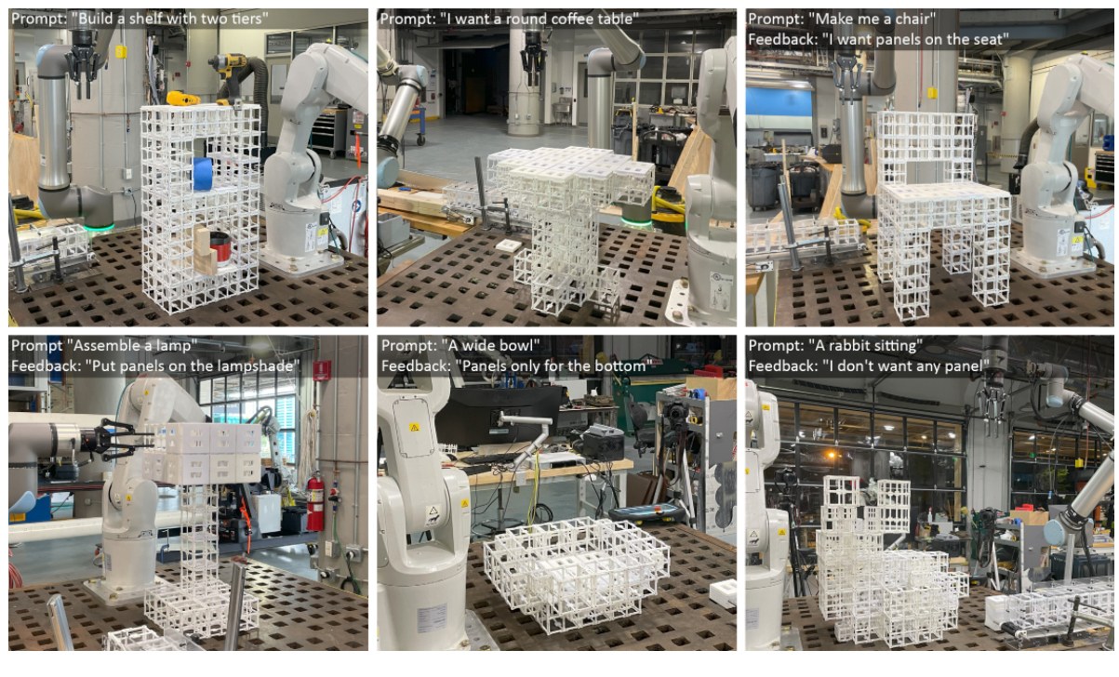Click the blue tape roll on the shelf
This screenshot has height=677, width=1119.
pyautogui.click(x=203, y=174)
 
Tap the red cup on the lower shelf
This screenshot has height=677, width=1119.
pyautogui.click(x=220, y=248)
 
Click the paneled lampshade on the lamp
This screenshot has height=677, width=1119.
pyautogui.click(x=204, y=453)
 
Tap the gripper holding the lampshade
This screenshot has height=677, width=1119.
pyautogui.click(x=116, y=438)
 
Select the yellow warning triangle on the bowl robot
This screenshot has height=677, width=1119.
pyautogui.click(x=414, y=428)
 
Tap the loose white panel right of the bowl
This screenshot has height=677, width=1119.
pyautogui.click(x=723, y=592)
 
